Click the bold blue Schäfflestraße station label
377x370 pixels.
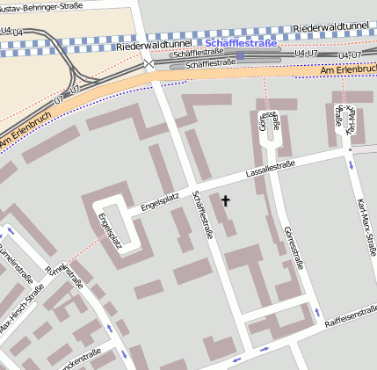pos(240,42)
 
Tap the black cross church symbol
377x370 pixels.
pos(225,201)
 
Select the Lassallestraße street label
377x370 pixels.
pos(270,167)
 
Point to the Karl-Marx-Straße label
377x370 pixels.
pos(361,223)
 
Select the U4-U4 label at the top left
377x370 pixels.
pos(12,31)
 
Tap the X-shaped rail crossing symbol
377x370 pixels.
pos(149,63)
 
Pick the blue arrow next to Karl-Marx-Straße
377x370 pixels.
pos(352,164)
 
